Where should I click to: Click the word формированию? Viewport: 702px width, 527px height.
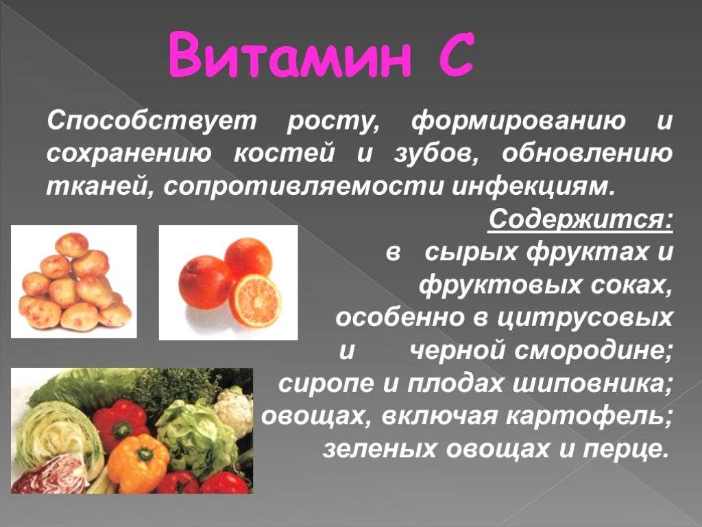click(518, 122)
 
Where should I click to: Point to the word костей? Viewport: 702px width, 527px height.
click(284, 154)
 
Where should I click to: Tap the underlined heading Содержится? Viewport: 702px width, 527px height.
click(580, 220)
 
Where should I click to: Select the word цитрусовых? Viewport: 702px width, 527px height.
click(585, 318)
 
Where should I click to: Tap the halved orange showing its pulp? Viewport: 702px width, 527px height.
click(255, 301)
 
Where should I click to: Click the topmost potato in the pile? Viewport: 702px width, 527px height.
click(71, 245)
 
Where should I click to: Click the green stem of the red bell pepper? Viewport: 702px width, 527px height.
click(121, 430)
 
